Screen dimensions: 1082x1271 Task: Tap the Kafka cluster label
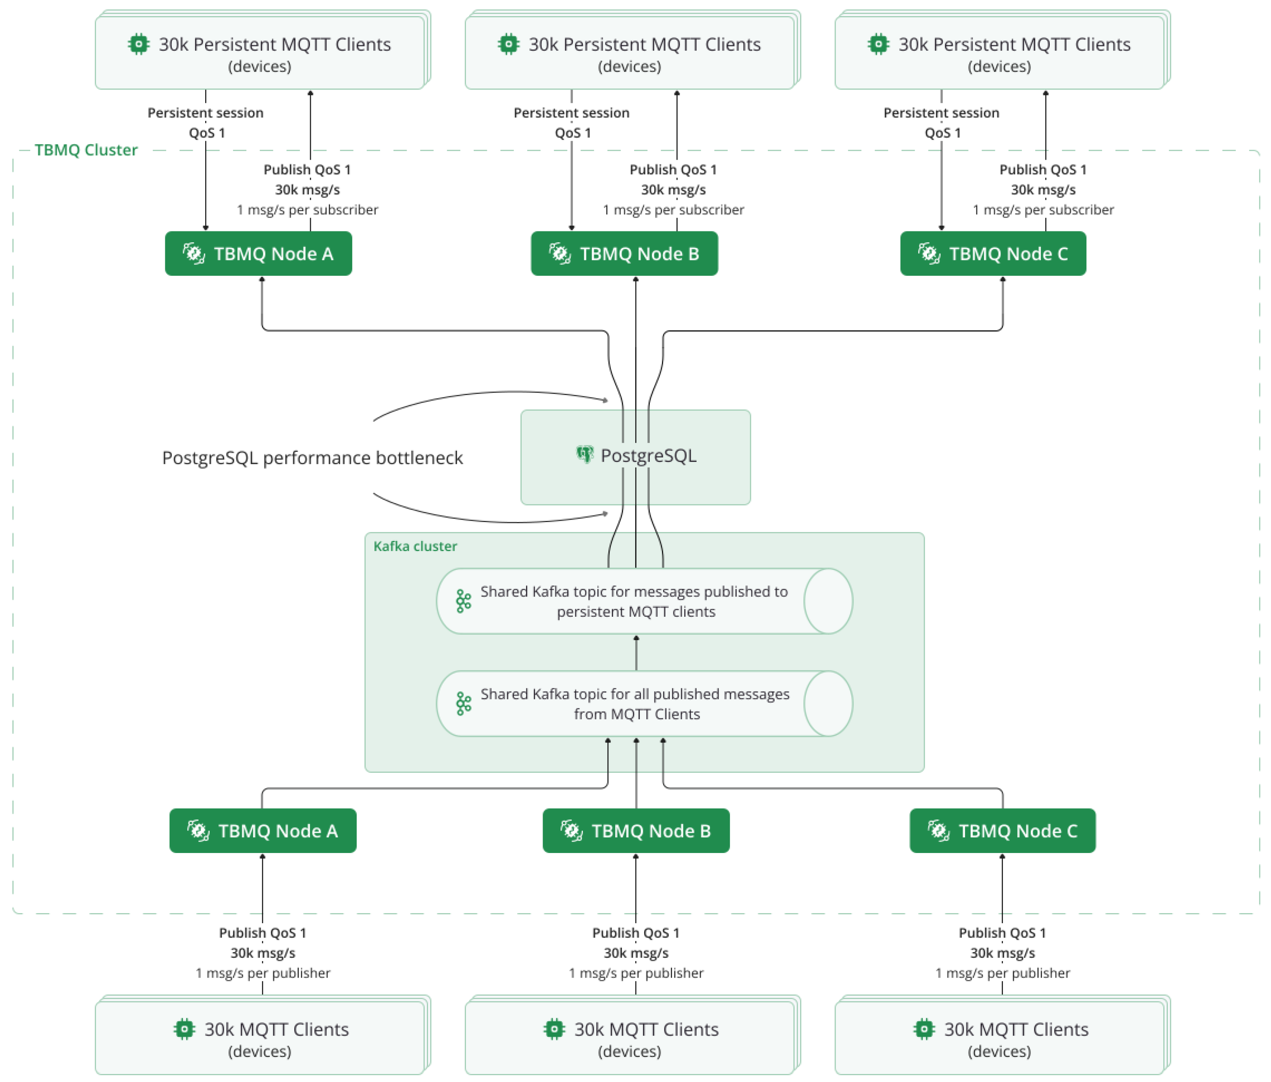tap(415, 546)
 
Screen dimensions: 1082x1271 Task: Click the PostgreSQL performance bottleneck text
tap(312, 458)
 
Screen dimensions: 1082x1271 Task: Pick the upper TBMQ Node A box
tap(258, 253)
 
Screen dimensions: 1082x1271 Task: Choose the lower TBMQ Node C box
tap(1002, 830)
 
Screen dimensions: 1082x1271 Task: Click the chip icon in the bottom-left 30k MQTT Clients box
tap(184, 1029)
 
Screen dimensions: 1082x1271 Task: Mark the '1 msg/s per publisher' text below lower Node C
tap(1002, 973)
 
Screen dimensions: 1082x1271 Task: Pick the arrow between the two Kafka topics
tap(636, 653)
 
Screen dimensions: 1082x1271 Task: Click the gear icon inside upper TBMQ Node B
tap(560, 253)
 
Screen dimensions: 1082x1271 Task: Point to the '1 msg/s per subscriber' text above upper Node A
tap(307, 210)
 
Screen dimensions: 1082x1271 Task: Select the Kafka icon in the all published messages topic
tap(464, 703)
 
